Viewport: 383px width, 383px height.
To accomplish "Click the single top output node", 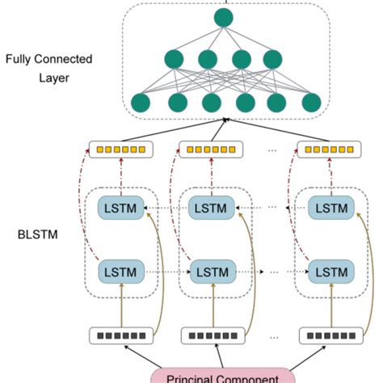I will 223,16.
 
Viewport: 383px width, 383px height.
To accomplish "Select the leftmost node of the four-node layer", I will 175,60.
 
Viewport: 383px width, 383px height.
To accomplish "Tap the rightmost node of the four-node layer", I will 272,60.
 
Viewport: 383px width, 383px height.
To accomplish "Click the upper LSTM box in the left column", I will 119,208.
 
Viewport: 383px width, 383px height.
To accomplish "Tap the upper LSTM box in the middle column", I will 212,208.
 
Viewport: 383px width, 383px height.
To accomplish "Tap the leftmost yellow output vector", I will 119,149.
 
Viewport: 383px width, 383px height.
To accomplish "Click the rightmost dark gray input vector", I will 327,335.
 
